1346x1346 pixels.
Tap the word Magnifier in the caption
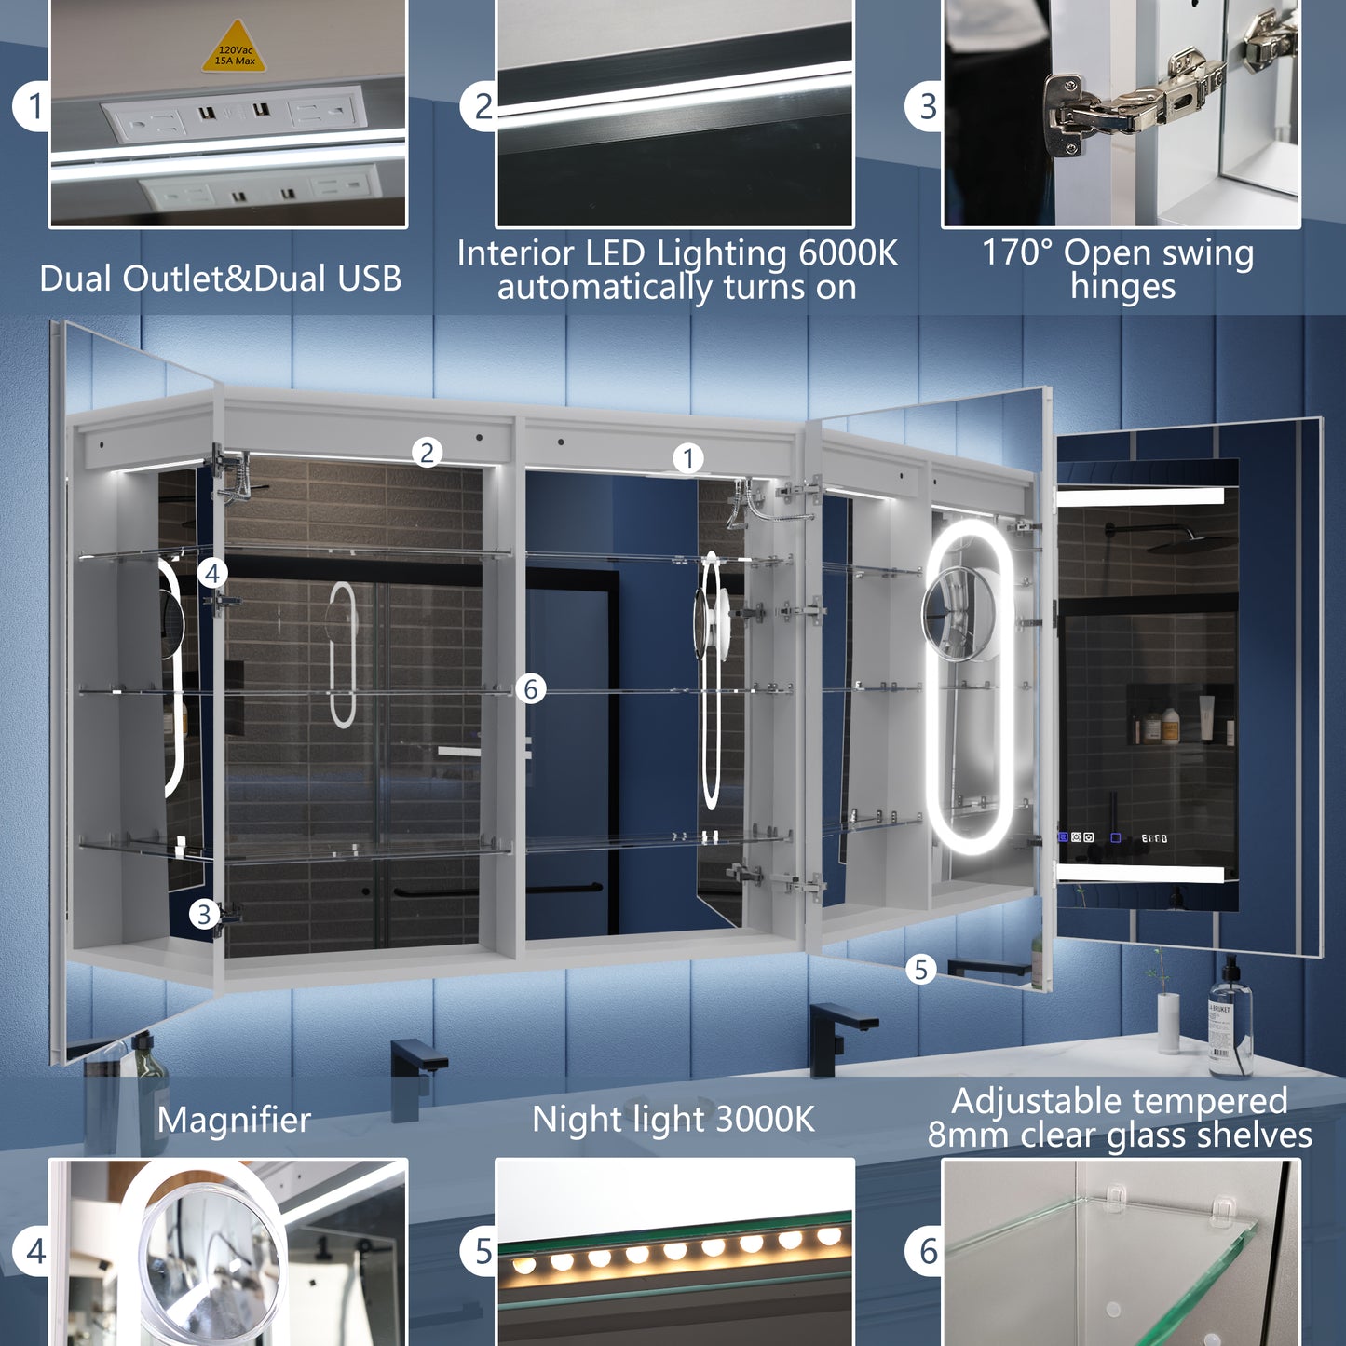[x=234, y=1120]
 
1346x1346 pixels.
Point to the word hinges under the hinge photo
[x=1122, y=287]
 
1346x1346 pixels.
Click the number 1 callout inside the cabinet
[x=688, y=458]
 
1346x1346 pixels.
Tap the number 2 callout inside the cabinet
[x=427, y=454]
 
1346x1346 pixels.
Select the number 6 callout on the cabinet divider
[x=531, y=689]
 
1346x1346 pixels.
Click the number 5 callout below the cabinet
[x=920, y=970]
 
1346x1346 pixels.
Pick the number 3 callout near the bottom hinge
[x=204, y=915]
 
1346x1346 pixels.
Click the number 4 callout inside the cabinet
[x=212, y=574]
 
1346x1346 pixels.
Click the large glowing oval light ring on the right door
[x=969, y=687]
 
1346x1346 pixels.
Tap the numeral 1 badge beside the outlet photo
[x=34, y=106]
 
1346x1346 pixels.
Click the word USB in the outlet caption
[x=369, y=279]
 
